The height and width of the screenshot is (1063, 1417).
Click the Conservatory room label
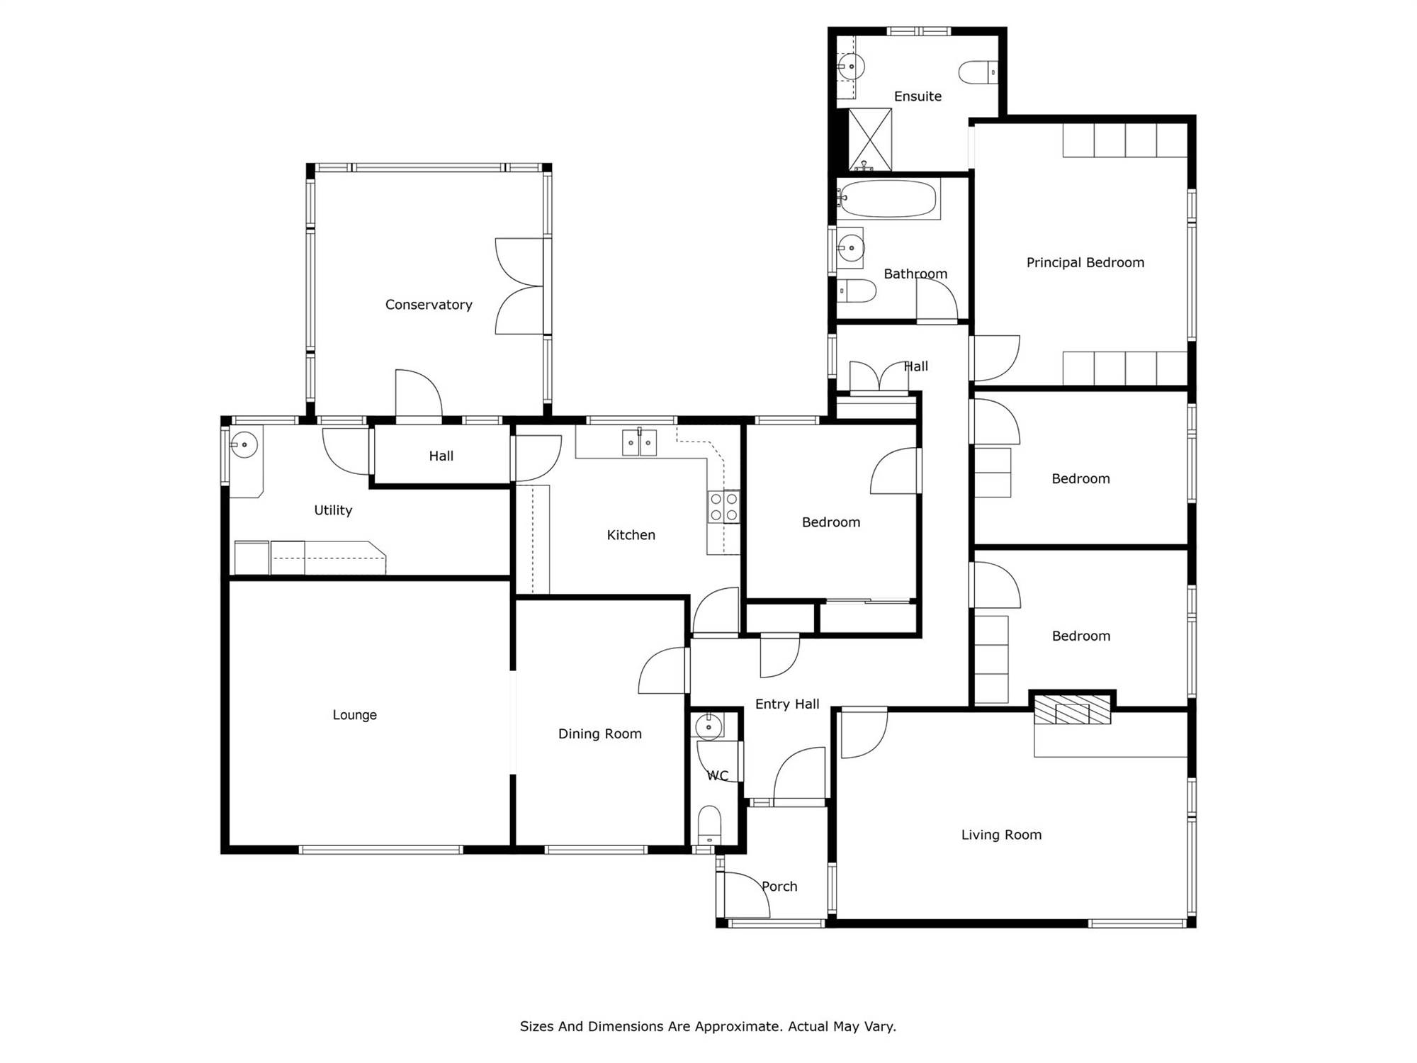pos(429,305)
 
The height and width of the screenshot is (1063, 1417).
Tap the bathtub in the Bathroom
pos(887,198)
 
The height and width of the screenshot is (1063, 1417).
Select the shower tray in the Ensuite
pos(870,140)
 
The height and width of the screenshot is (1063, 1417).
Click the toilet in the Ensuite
pos(978,72)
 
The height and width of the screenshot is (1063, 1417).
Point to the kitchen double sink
pos(639,442)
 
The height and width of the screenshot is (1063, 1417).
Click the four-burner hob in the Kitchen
pos(723,507)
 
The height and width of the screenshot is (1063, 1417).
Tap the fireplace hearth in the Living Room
pos(1072,709)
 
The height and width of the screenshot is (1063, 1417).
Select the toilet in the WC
pos(709,826)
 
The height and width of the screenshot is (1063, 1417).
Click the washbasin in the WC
pos(708,726)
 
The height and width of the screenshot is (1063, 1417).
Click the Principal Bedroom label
pos(1085,263)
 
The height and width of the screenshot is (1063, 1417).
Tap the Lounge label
pos(355,715)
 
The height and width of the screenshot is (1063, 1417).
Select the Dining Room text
pos(600,734)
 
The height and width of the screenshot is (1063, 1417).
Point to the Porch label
pos(779,887)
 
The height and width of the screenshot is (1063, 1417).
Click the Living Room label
pos(1001,835)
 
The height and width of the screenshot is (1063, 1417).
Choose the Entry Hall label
pos(787,704)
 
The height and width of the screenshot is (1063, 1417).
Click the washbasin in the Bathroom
pos(850,248)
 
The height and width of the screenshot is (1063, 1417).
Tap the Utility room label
pos(333,510)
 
